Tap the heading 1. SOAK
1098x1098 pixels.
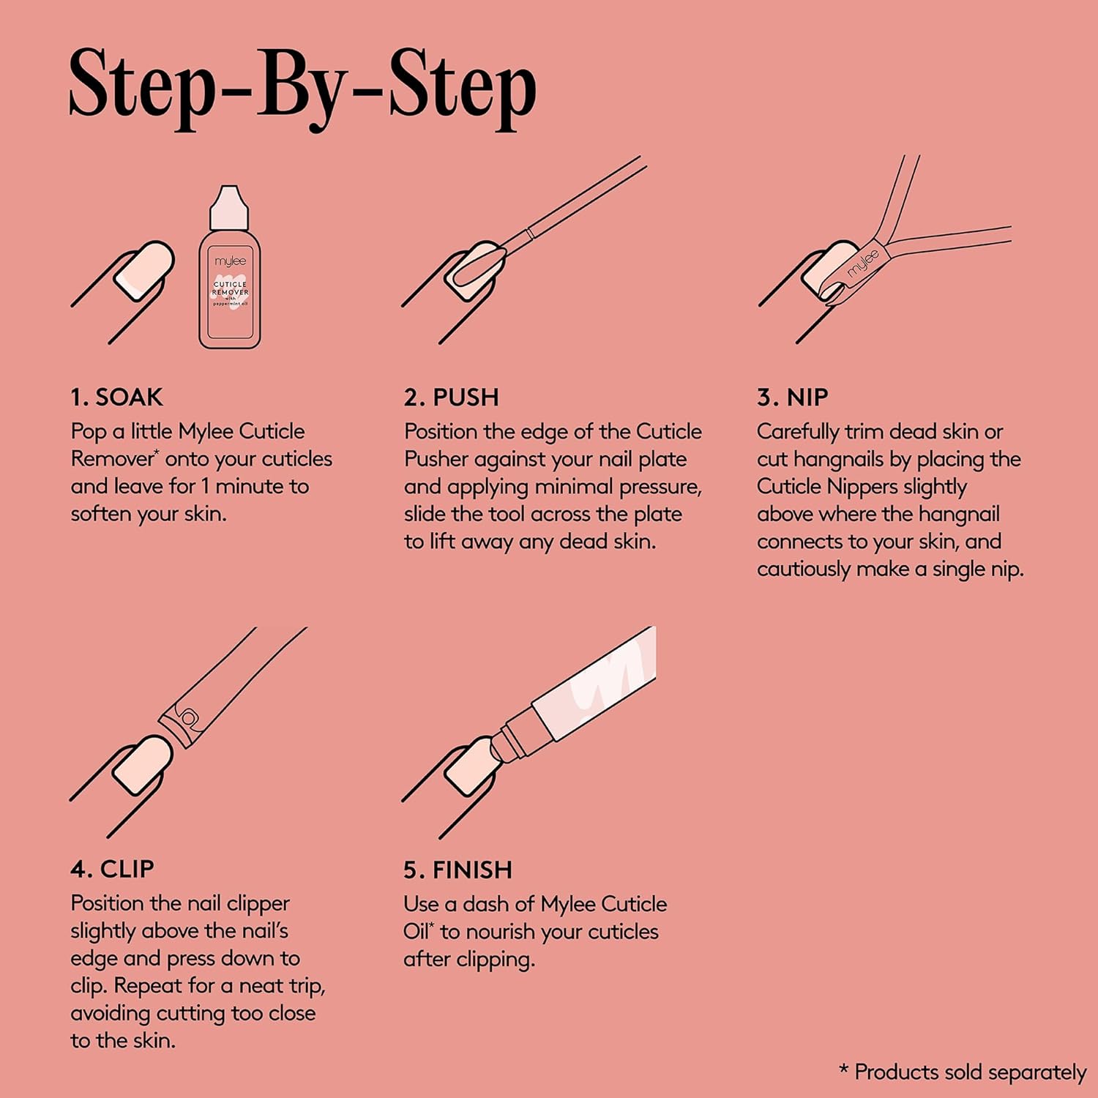[x=117, y=397]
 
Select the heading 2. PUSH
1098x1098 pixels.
[x=452, y=397]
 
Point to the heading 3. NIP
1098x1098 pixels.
[x=793, y=397]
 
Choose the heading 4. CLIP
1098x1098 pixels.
[x=113, y=869]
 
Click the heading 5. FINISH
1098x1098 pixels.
[x=458, y=870]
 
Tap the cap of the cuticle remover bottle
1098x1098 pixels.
[x=229, y=207]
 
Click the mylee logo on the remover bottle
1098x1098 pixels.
[x=230, y=261]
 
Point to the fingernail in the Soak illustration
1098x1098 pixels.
[x=144, y=269]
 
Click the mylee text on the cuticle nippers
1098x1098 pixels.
[x=863, y=264]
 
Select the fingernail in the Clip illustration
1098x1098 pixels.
[x=143, y=765]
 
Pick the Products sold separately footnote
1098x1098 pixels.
[x=963, y=1072]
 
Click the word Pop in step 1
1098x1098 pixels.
[x=89, y=432]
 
